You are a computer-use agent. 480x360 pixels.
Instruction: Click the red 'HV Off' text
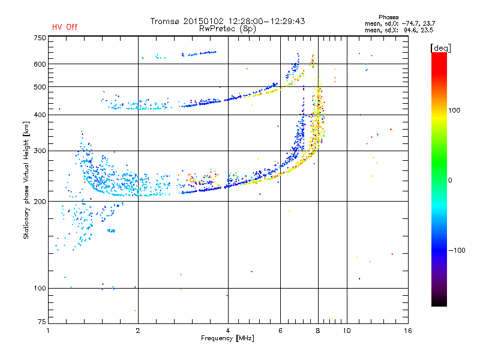tap(65, 27)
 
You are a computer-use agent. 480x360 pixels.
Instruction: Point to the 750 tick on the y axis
tap(40, 38)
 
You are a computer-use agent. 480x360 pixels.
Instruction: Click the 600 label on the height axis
tap(40, 64)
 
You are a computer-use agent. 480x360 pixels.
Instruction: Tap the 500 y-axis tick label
tap(40, 87)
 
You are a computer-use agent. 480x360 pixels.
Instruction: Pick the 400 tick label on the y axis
tap(40, 115)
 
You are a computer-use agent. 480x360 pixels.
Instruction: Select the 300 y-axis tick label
tap(40, 151)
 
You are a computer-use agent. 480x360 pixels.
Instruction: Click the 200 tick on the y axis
tap(40, 201)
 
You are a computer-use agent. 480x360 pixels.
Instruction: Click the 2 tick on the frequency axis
tap(138, 331)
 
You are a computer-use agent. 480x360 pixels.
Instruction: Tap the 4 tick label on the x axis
tap(228, 331)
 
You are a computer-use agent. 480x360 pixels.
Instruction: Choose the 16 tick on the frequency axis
tap(407, 331)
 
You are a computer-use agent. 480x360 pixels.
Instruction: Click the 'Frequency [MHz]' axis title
tap(227, 339)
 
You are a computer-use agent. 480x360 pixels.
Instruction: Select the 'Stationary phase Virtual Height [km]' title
tap(26, 180)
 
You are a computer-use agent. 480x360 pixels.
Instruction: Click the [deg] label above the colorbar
tap(441, 47)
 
